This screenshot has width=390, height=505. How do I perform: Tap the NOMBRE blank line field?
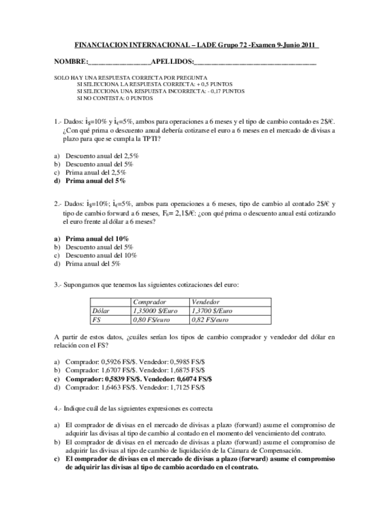coord(120,62)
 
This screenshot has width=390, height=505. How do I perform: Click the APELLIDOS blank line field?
coord(255,62)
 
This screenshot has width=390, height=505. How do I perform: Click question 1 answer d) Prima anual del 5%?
coord(95,180)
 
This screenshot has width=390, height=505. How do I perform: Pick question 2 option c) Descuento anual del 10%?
coord(101,255)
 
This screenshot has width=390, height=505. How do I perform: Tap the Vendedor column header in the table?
coord(206,303)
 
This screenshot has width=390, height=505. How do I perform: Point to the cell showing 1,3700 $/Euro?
coord(212,311)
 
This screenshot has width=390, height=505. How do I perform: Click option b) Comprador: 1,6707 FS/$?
coord(101,370)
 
